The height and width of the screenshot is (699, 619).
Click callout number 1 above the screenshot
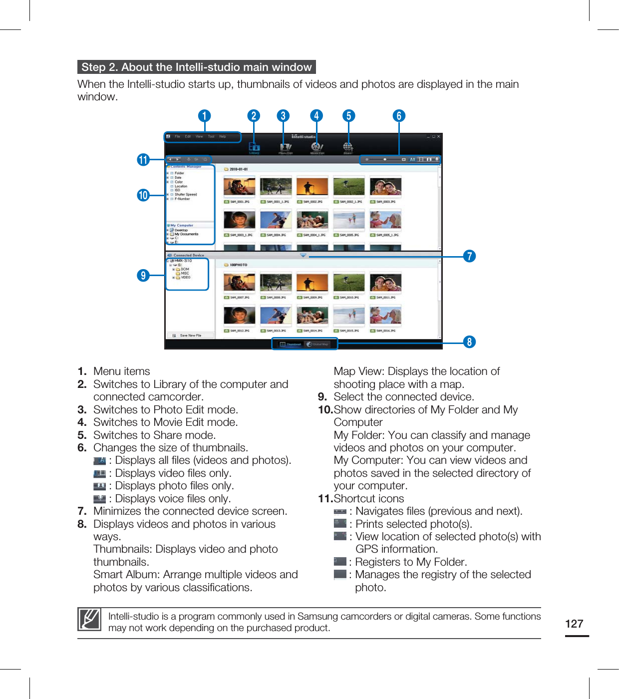click(x=204, y=116)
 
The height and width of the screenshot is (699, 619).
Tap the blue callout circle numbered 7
click(x=469, y=256)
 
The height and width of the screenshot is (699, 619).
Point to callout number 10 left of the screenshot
click(x=143, y=195)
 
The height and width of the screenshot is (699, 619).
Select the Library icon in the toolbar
click(x=254, y=147)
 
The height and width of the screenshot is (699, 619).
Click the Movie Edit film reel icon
click(x=317, y=147)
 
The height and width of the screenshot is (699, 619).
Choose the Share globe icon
click(x=348, y=147)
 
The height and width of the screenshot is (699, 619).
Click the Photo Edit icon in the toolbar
click(x=285, y=147)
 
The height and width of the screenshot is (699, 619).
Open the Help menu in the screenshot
click(x=223, y=136)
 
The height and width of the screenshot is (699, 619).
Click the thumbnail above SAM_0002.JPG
click(x=312, y=187)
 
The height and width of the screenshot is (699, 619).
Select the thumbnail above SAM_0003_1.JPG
click(x=239, y=220)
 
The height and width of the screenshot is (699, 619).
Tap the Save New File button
click(x=190, y=336)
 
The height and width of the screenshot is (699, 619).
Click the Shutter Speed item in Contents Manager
click(x=186, y=195)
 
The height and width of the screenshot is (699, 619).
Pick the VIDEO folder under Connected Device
click(x=185, y=278)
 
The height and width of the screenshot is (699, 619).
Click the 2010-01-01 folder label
click(x=239, y=169)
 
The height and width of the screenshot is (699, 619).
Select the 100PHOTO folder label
click(x=238, y=265)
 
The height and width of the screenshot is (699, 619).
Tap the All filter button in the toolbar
click(x=412, y=160)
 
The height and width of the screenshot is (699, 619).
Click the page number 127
click(x=574, y=624)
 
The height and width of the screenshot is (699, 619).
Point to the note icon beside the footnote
click(x=90, y=620)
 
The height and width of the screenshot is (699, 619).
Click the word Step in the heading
click(x=93, y=67)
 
